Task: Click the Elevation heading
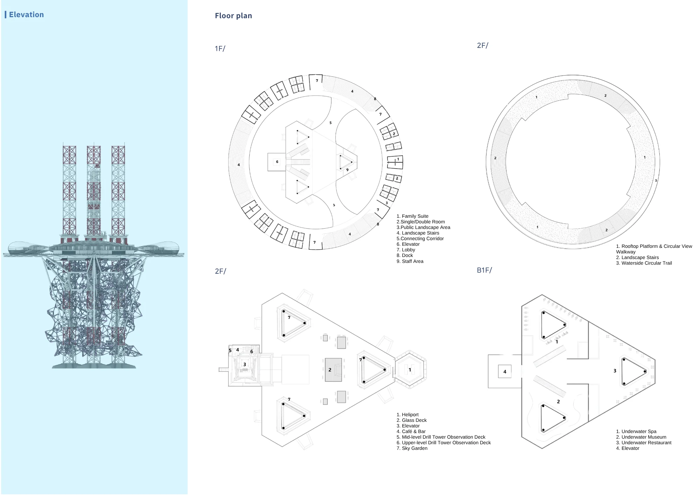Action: pos(26,15)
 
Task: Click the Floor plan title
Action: pos(233,16)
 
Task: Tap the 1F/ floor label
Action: pos(220,49)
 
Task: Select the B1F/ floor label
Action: pos(484,270)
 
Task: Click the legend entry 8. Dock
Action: pos(405,256)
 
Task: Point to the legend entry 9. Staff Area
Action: pos(410,262)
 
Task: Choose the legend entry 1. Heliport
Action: pos(407,415)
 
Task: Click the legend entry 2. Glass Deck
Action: pos(412,420)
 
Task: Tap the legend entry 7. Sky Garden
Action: pos(412,448)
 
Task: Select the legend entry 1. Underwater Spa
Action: pos(636,432)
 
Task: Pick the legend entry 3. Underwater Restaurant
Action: pos(644,443)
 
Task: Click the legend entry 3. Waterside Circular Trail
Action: pos(644,263)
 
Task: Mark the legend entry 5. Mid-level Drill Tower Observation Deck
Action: pos(441,437)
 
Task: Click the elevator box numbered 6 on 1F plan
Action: pos(277,162)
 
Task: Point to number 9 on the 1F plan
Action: pos(347,170)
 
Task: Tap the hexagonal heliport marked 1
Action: pos(410,369)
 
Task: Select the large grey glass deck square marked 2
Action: pos(333,370)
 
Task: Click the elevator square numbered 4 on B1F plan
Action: pos(505,371)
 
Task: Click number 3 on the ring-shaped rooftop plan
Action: pos(656,181)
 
